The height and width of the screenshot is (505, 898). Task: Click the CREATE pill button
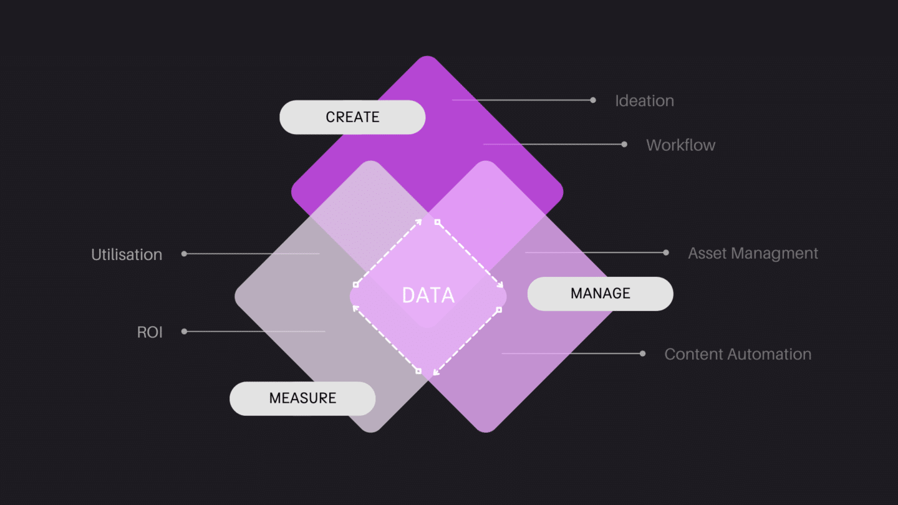tap(352, 117)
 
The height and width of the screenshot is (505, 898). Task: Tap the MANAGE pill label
tap(600, 294)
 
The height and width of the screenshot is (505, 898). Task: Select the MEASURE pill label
tap(302, 398)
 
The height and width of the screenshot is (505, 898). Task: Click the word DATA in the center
tap(428, 295)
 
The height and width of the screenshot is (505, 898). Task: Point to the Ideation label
tap(644, 101)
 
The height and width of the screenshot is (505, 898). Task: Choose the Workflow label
tap(680, 145)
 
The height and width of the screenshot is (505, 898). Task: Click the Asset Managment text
tap(753, 254)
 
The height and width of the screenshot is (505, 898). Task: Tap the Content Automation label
tap(738, 355)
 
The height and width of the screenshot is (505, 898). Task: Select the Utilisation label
tap(127, 255)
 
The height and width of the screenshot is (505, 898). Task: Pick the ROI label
tap(150, 332)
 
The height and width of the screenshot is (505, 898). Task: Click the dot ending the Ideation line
tap(593, 100)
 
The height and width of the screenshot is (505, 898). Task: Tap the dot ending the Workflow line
tap(624, 144)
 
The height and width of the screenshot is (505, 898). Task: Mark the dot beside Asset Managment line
tap(666, 252)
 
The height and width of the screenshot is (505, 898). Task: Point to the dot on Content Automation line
tap(643, 353)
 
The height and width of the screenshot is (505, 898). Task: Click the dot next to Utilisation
tap(184, 254)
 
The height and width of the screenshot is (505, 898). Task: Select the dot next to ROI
tap(184, 332)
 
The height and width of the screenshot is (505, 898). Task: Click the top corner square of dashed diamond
tap(437, 222)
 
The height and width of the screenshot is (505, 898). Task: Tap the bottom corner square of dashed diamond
tap(418, 371)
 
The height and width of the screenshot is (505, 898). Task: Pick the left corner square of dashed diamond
tap(355, 284)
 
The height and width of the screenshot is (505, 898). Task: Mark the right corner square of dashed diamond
tap(499, 309)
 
